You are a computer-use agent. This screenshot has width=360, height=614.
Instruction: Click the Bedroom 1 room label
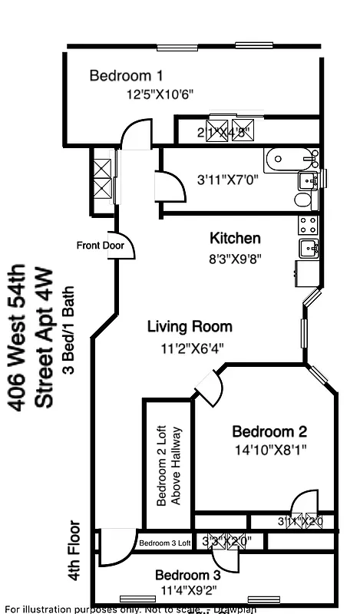tap(126, 76)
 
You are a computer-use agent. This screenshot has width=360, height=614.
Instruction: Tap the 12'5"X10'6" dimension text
tap(160, 95)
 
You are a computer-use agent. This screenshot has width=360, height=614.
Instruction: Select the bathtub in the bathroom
tap(290, 160)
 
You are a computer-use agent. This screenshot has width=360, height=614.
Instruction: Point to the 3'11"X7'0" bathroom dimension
tap(228, 181)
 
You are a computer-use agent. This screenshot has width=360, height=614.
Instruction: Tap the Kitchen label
tap(235, 239)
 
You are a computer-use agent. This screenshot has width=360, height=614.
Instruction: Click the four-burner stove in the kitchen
tap(308, 225)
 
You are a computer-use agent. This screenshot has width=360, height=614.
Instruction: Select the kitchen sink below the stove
tap(309, 248)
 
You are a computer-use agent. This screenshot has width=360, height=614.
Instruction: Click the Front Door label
tap(101, 246)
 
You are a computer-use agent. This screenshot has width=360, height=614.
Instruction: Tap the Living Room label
tap(190, 327)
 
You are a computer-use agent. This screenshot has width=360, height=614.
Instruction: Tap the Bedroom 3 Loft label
tap(164, 543)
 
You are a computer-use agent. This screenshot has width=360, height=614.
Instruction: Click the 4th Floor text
tap(74, 551)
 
